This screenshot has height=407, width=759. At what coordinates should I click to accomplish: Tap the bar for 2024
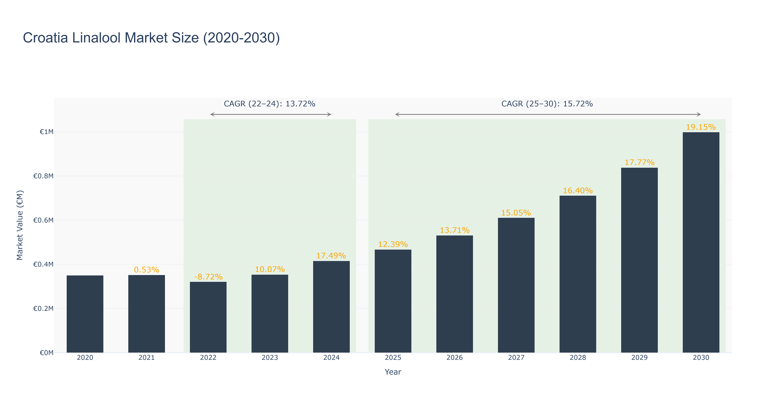pos(332,307)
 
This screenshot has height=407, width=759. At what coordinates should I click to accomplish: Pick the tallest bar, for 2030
pos(701,242)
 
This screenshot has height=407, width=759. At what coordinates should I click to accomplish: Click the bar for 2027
pos(516,285)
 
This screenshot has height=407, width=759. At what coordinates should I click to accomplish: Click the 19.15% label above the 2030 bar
pos(701,127)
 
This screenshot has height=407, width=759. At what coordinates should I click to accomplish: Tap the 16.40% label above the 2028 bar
pos(578,190)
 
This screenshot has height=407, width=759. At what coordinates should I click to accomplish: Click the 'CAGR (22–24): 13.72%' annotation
pos(270,104)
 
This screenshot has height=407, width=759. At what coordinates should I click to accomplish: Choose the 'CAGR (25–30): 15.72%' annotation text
pos(547,104)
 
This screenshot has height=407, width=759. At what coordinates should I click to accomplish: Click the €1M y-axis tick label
pos(46,132)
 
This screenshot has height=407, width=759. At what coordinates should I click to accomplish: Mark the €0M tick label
pos(46,353)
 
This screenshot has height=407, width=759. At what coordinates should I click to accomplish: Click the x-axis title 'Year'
pos(393,372)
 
